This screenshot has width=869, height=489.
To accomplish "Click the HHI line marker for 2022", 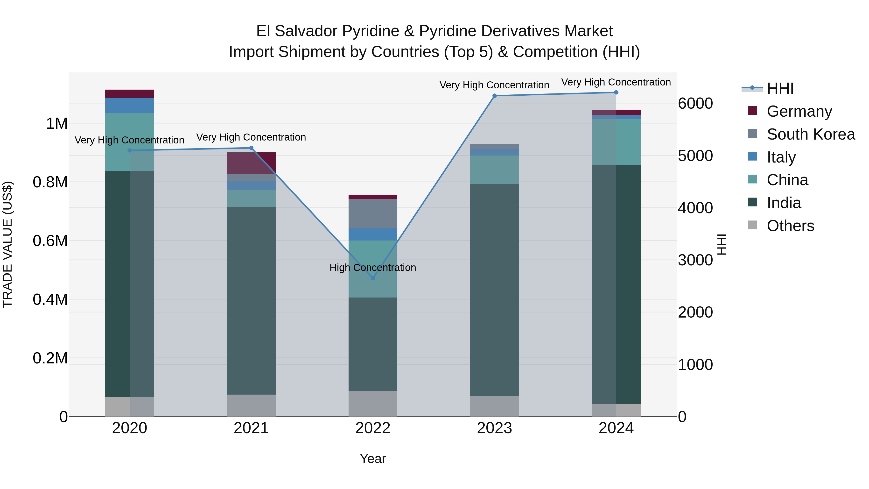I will point(373,278).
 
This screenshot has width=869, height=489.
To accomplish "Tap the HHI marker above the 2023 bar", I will point(495,96).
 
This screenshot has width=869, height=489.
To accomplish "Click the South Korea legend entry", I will point(810,134).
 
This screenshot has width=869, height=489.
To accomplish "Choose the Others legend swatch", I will point(752,225).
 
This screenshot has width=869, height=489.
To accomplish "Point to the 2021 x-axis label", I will point(251,428).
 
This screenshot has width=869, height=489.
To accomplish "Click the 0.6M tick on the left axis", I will point(50,241).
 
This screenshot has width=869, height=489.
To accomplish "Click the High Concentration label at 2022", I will point(372,268).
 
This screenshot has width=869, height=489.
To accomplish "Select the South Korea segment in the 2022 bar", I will point(373,214).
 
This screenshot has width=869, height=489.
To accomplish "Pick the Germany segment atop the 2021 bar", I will point(251,163).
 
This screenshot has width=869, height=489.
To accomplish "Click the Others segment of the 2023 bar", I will point(495,406).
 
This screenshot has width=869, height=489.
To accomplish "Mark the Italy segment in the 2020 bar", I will point(130,105).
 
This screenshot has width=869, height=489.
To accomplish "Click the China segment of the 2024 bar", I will point(616,142).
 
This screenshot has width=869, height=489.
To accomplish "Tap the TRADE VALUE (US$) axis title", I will point(8,244).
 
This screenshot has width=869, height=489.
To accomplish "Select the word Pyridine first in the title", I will point(370,31).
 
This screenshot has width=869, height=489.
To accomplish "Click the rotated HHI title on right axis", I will point(722,244).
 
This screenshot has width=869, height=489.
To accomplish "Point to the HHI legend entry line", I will point(752,88).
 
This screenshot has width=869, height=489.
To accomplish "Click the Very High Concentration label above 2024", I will point(616,82).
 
